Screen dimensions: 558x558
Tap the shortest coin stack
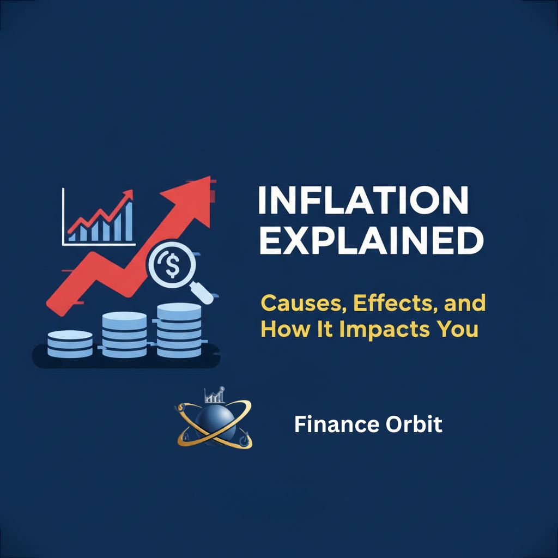pos(70,344)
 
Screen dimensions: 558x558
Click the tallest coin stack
pos(178,330)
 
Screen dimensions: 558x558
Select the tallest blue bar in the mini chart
pos(129,220)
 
